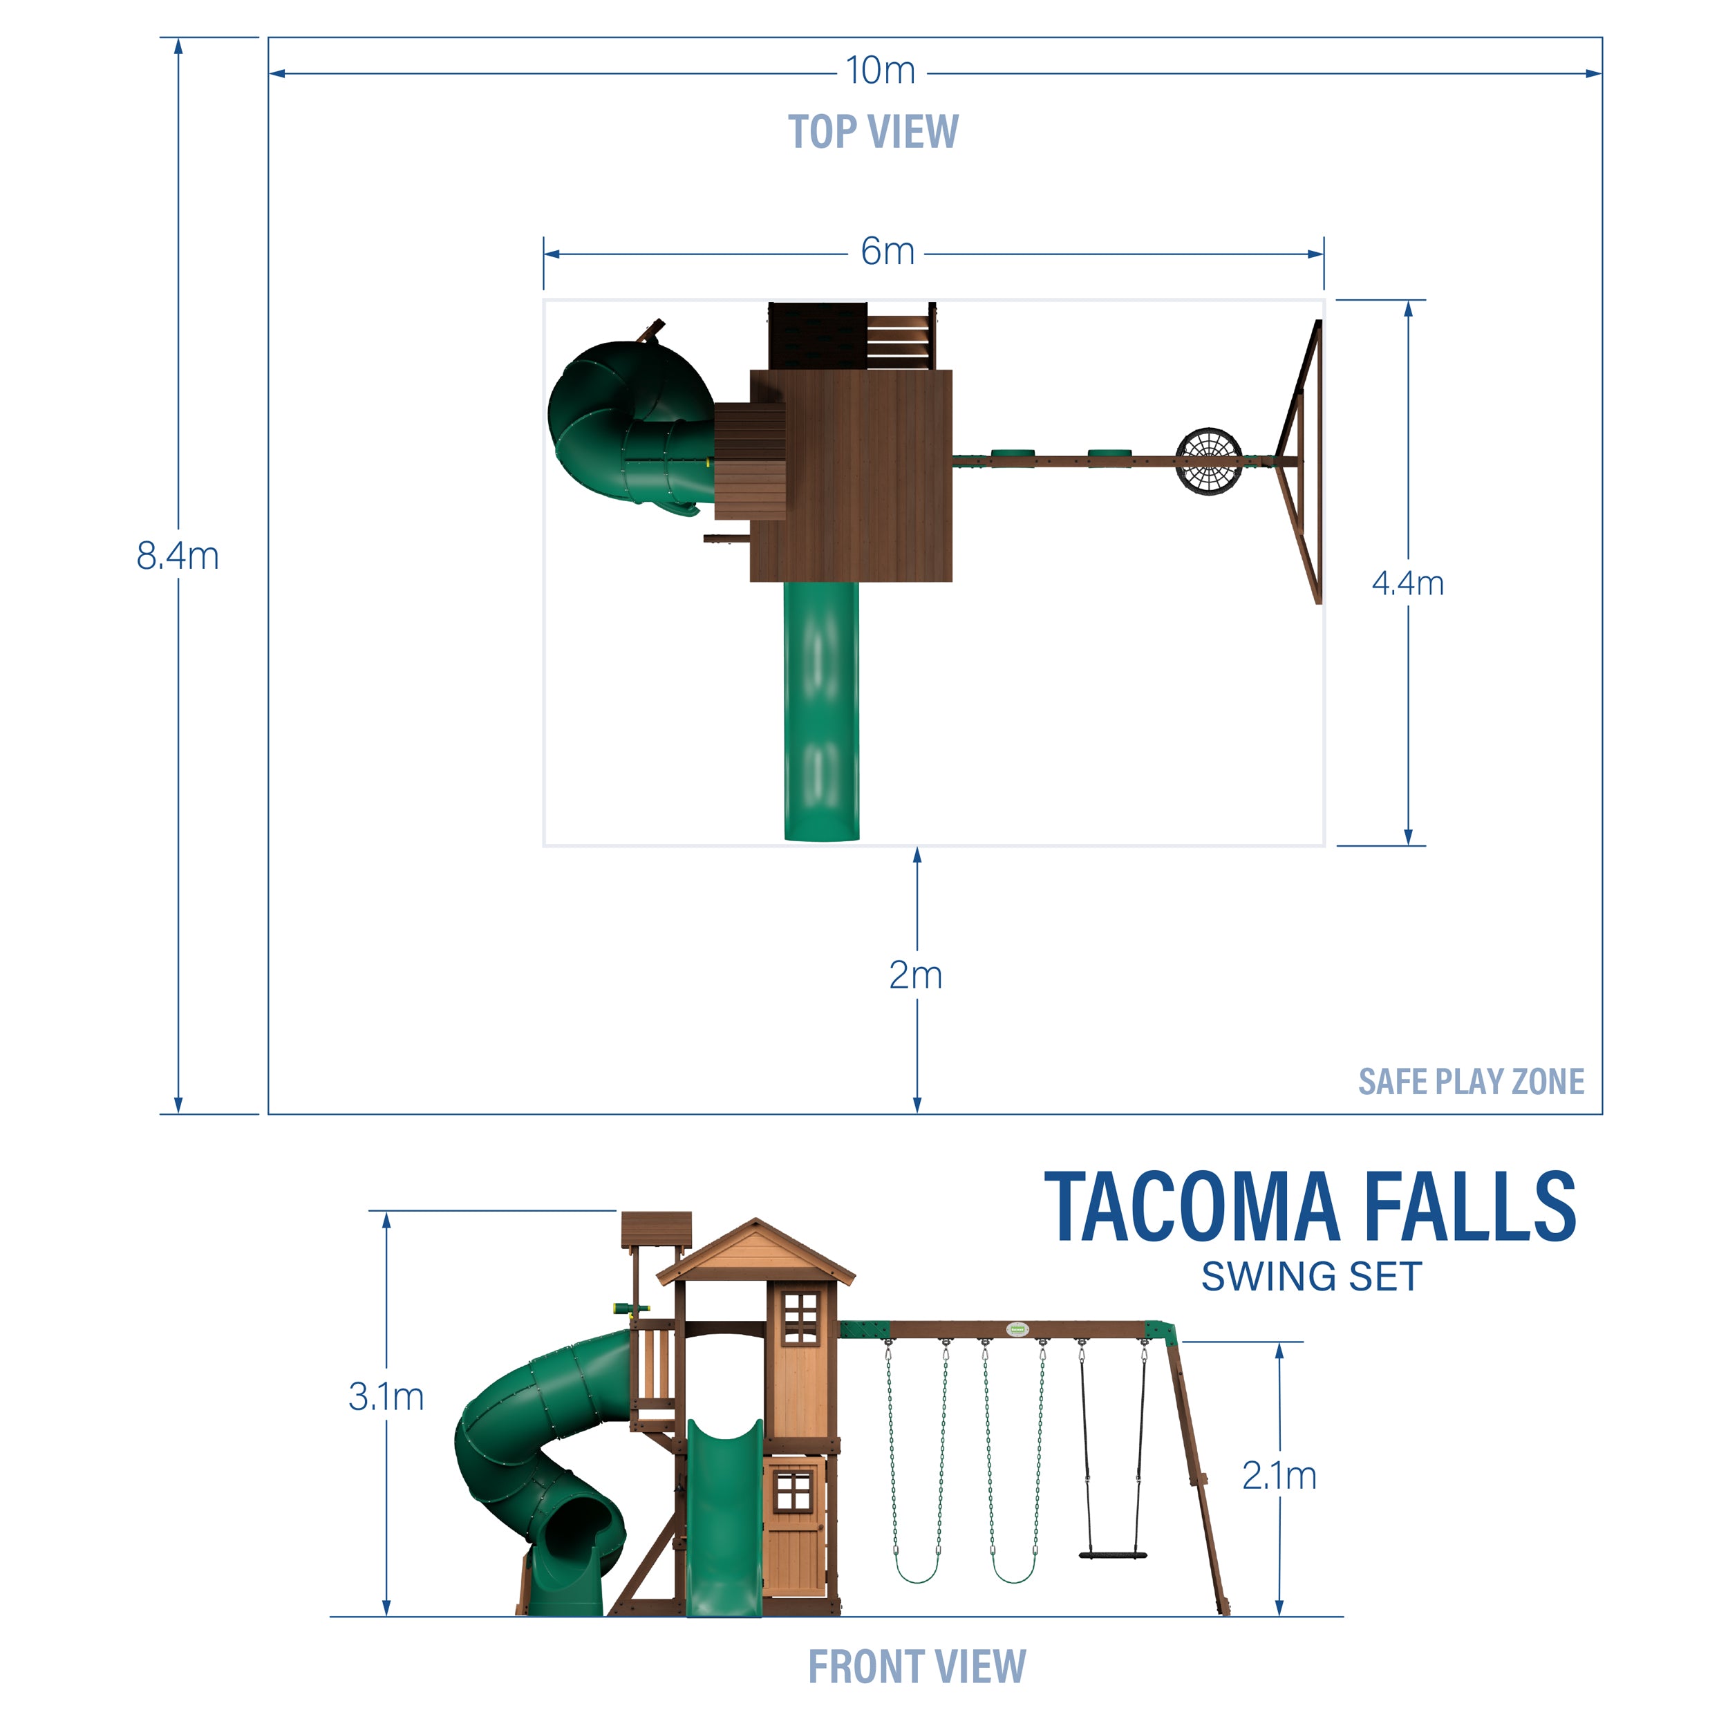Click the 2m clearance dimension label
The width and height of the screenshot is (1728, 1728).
coord(915,975)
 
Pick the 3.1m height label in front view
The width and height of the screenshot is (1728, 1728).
coord(386,1396)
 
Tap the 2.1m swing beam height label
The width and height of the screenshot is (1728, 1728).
coord(1278,1475)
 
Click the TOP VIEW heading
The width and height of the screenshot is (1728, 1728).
coord(872,133)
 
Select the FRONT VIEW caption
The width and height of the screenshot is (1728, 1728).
coord(916,1666)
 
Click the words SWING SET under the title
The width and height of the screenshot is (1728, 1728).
coord(1311,1277)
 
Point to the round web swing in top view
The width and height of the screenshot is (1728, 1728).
coord(1208,462)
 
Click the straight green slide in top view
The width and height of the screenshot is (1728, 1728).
coord(821,711)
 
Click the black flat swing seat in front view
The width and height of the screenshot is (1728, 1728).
coord(1113,1555)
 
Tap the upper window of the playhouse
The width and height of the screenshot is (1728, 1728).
coord(800,1320)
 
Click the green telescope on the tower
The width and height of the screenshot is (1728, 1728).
coord(630,1308)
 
